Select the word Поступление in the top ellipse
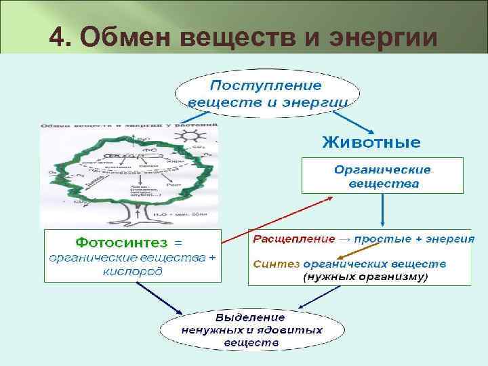tap(266, 86)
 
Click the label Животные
tap(371, 142)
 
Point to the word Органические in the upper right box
tap(383, 170)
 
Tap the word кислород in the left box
tap(133, 271)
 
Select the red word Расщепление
tap(294, 239)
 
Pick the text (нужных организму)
tap(365, 277)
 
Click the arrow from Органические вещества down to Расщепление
tap(383, 210)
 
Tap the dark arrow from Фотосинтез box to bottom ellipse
tap(159, 299)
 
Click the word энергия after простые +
tap(452, 239)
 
